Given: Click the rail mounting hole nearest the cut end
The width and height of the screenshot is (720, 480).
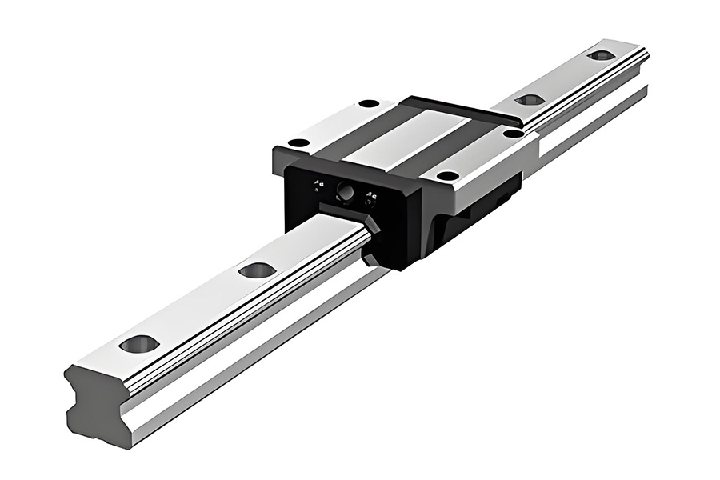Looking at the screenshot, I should [139, 344].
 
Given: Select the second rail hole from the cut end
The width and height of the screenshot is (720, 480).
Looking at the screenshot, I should [257, 270].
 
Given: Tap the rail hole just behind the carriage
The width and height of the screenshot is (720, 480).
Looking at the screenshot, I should [529, 100].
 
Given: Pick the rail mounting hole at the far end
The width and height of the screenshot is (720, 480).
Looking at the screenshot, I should [601, 55].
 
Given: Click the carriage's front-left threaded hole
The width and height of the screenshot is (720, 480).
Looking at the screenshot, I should [298, 143].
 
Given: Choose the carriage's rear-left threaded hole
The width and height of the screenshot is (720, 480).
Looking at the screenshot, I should [369, 103].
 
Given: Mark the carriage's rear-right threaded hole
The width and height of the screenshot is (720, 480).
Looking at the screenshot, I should [513, 133].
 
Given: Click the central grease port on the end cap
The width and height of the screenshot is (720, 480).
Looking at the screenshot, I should [346, 191].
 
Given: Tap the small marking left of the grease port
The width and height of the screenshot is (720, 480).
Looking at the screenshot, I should [318, 184].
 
